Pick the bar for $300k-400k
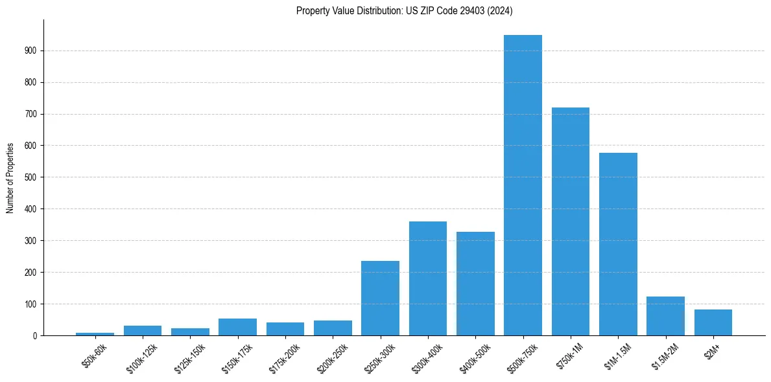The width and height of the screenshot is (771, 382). pos(428,278)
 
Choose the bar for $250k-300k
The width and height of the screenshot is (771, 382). pos(380,298)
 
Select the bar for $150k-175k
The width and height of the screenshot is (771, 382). pos(237,327)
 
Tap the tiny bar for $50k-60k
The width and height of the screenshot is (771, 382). pos(95,334)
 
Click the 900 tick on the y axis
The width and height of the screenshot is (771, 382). pos(30,51)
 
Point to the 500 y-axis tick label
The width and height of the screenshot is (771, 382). pos(30,177)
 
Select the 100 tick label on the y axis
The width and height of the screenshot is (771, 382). pos(30,304)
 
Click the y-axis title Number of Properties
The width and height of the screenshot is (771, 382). pos(10,177)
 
